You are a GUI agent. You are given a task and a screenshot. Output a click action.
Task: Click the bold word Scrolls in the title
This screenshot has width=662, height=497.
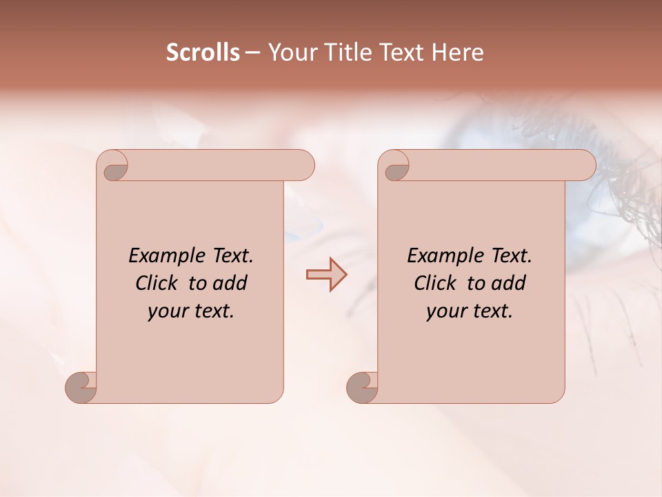tap(203, 52)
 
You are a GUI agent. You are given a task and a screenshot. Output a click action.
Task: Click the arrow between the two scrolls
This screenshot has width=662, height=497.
tap(326, 274)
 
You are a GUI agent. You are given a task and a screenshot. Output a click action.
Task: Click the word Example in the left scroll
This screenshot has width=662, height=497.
tap(163, 256)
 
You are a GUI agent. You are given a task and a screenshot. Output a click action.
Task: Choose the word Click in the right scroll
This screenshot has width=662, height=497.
tap(435, 284)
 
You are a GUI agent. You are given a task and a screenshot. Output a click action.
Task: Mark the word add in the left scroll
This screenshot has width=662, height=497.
tap(230, 284)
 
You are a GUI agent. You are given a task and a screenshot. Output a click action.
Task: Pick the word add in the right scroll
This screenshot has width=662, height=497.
tap(508, 284)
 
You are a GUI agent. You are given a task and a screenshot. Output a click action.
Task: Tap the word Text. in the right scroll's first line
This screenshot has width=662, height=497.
tap(509, 256)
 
